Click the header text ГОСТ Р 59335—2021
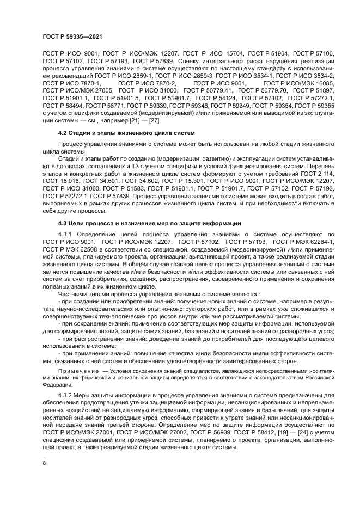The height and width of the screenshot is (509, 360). pos(72,35)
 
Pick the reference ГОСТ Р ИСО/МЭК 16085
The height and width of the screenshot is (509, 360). pos(298,83)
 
